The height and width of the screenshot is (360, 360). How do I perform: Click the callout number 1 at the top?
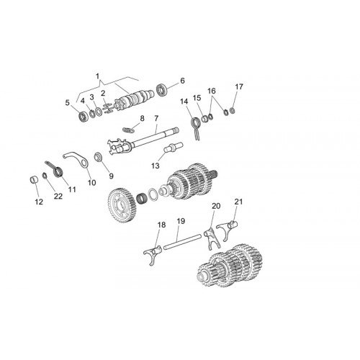click(x=97, y=76)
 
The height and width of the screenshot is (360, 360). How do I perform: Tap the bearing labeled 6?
click(x=161, y=89)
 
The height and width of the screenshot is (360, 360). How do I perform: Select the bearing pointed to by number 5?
click(x=83, y=117)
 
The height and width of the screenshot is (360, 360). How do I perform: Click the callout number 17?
click(x=239, y=86)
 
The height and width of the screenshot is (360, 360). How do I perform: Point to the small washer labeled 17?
click(x=232, y=111)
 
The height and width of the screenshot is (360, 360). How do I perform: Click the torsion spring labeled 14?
click(x=196, y=128)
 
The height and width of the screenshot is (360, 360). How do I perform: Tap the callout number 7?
click(x=156, y=118)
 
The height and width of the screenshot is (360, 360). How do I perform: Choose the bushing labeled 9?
click(x=99, y=157)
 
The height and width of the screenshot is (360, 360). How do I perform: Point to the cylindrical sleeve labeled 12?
click(x=35, y=180)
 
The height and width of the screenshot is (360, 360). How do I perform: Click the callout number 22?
click(x=58, y=197)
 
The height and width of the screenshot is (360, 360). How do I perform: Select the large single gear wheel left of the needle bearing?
click(x=122, y=206)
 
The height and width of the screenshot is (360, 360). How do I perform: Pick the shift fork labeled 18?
click(x=153, y=255)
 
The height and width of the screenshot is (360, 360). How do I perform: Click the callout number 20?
click(x=216, y=206)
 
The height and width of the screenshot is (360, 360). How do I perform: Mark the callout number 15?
click(x=197, y=98)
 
